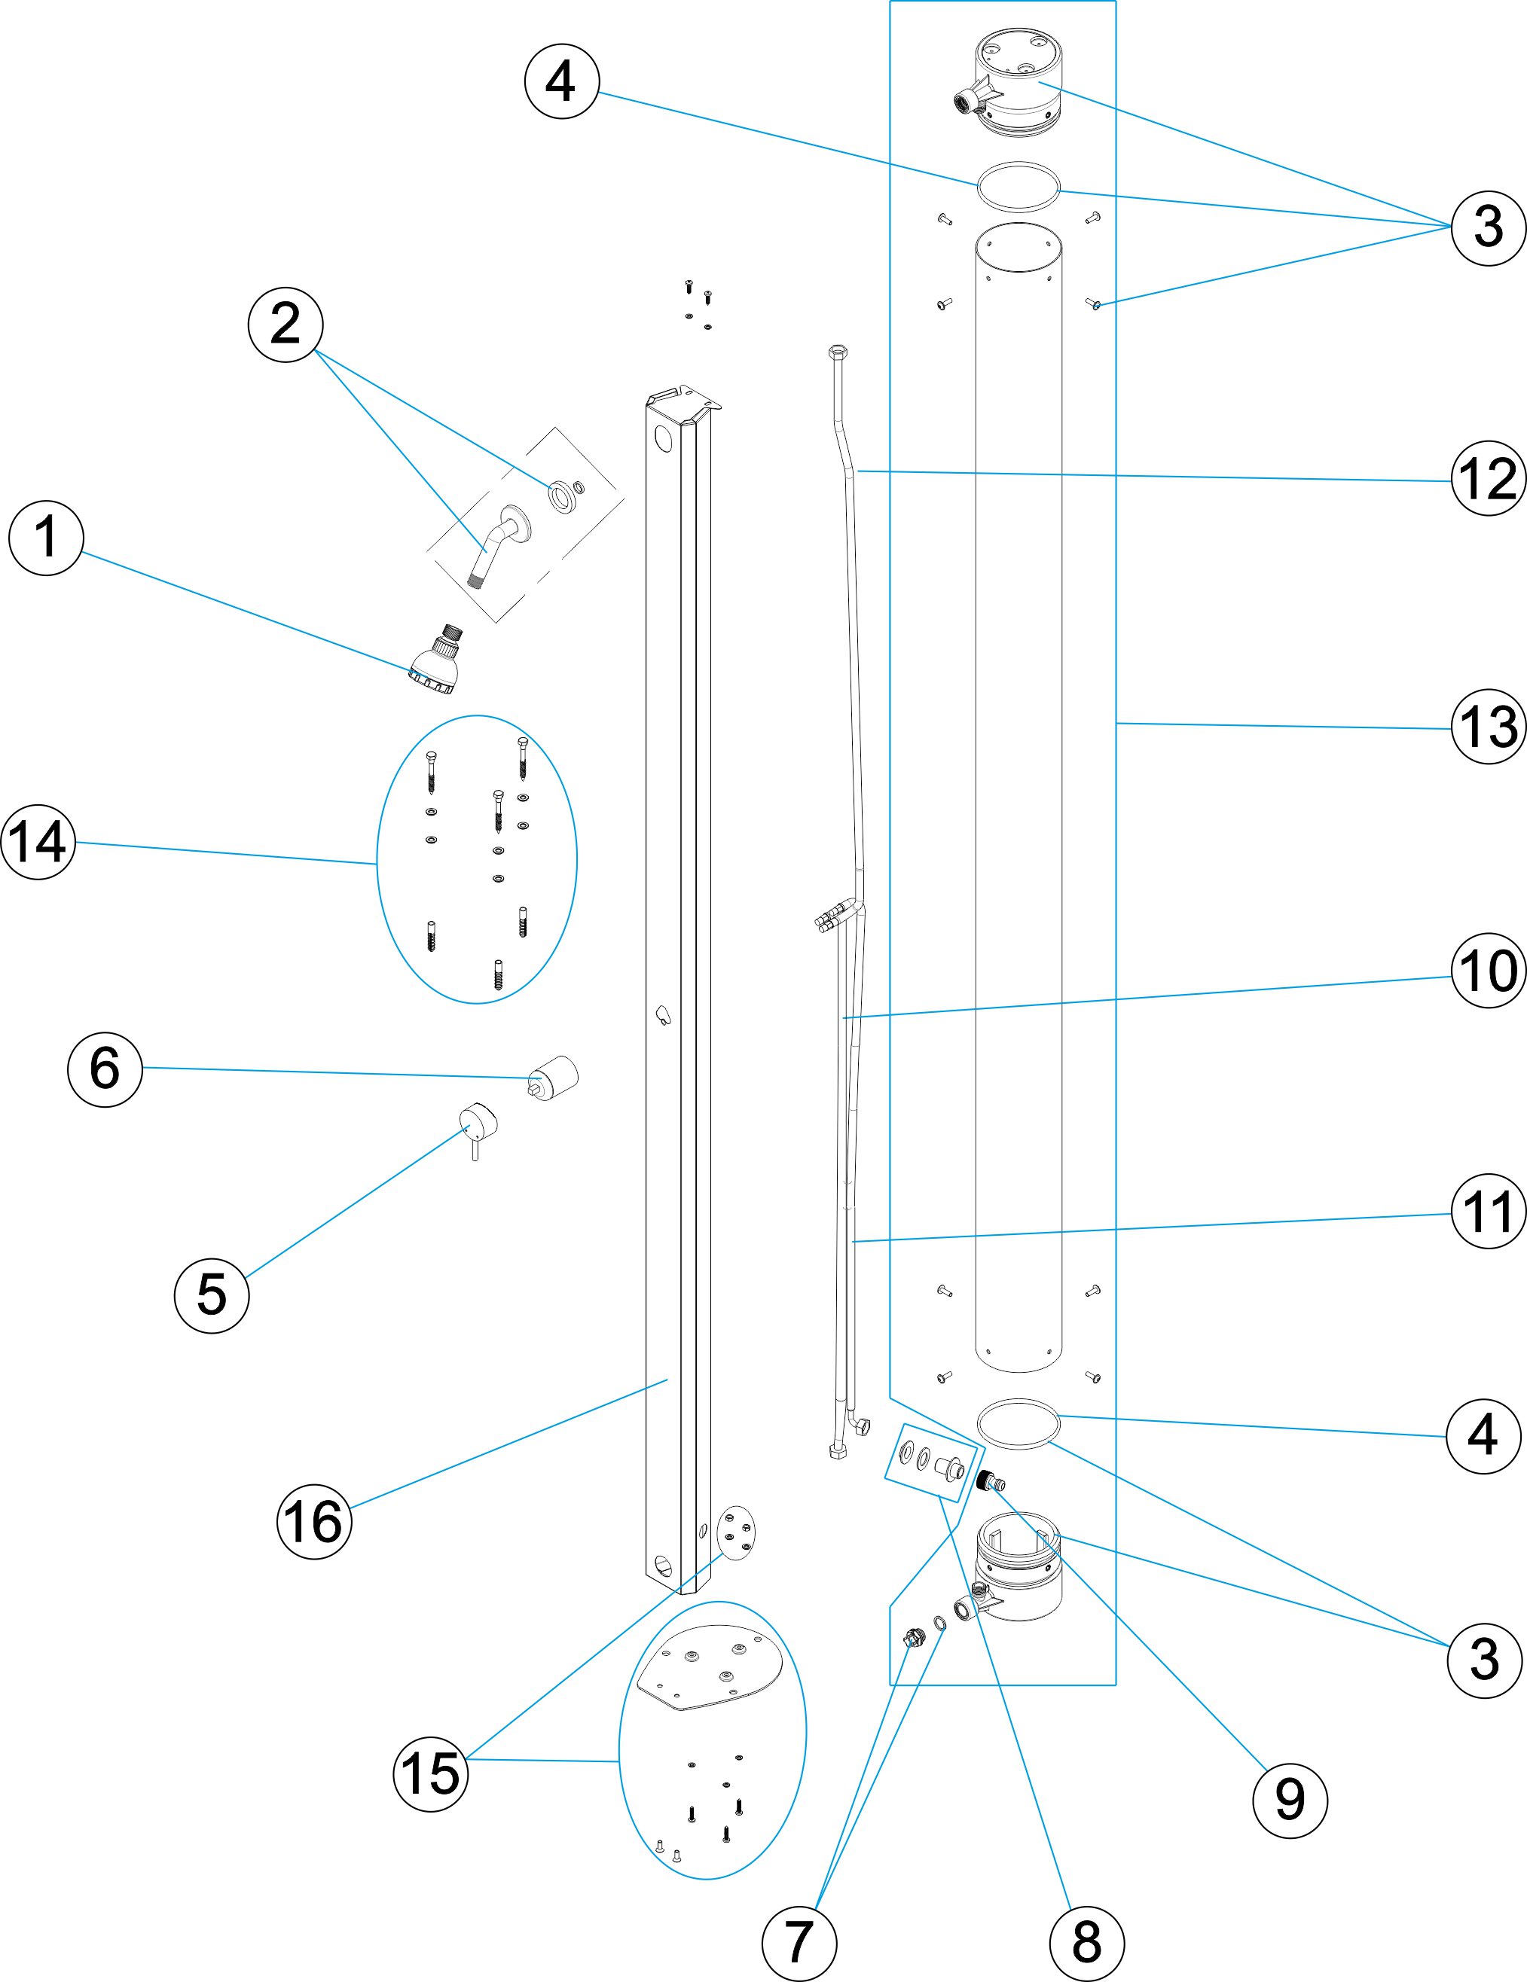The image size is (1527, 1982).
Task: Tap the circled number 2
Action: [x=285, y=324]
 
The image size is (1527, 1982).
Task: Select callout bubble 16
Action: [x=314, y=1521]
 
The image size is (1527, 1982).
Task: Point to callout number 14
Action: [x=38, y=841]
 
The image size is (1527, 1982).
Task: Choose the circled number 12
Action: [x=1487, y=478]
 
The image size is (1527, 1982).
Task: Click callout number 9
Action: [x=1289, y=1801]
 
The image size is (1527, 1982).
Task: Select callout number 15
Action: [x=430, y=1773]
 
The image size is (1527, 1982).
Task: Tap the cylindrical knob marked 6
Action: [x=554, y=1077]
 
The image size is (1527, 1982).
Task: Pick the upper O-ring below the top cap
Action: [x=1018, y=187]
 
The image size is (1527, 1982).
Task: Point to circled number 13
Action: [x=1487, y=726]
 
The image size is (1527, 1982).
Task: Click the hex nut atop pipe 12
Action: [x=838, y=351]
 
